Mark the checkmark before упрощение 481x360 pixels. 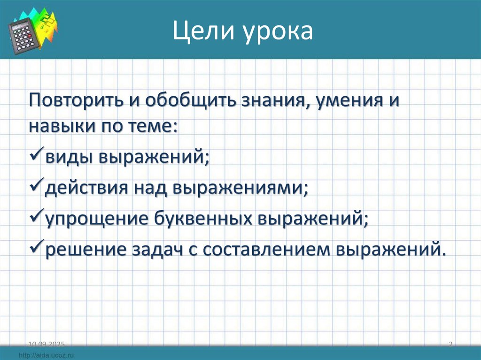(36, 217)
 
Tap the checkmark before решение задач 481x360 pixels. (36, 248)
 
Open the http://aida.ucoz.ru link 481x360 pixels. (47, 354)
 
